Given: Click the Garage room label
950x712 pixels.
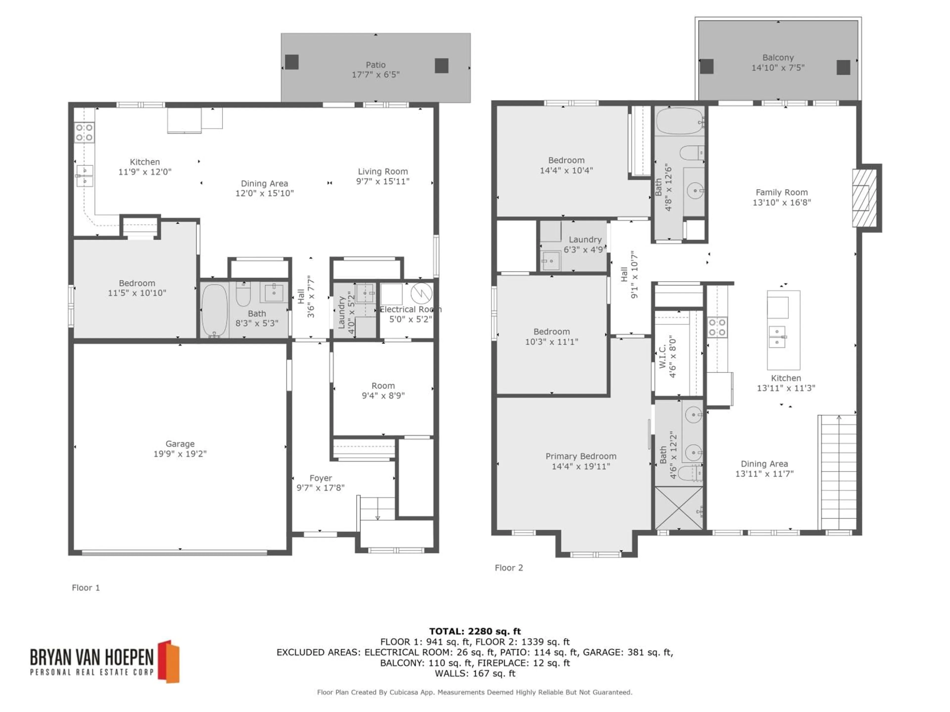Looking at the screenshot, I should pos(180,444).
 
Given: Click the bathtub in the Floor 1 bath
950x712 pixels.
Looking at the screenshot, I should pos(214,309).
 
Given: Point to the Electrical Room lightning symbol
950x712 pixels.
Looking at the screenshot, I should pos(421,293).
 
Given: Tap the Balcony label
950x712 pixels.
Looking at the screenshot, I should pos(778,58).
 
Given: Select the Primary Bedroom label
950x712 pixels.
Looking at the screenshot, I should pos(581,456).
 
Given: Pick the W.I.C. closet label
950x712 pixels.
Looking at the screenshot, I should pos(662,356).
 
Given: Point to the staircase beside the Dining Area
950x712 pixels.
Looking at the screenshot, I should pos(838,472).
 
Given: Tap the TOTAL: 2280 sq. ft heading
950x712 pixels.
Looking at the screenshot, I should pos(475,631).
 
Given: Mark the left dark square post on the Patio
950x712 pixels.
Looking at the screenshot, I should pos(292,62).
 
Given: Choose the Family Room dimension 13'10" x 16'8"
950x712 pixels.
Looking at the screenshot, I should pos(782,202).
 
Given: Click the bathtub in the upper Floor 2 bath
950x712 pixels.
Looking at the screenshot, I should pos(679,121).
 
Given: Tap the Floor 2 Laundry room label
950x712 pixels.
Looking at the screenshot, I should pos(585,240).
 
